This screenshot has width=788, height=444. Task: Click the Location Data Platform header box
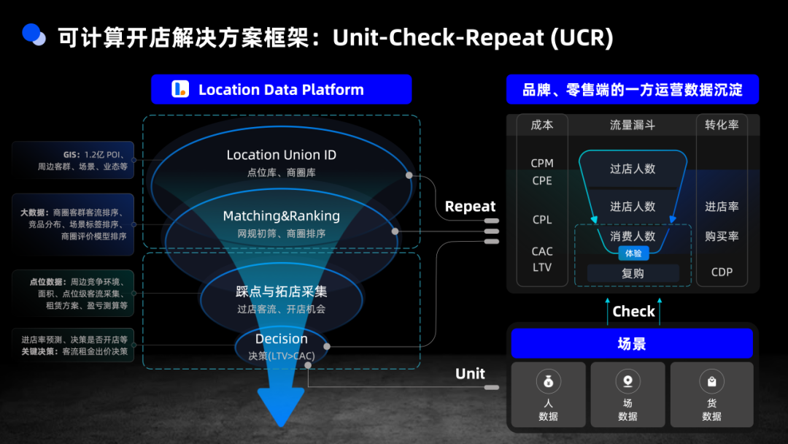click(281, 90)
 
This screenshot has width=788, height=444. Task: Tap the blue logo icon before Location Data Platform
click(180, 90)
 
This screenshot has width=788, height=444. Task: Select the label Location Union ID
click(281, 155)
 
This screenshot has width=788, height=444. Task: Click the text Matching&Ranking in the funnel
click(281, 216)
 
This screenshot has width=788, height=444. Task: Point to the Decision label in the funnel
click(281, 339)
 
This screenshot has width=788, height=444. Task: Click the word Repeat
click(470, 207)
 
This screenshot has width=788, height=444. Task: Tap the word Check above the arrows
click(633, 311)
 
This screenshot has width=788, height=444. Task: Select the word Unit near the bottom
click(470, 374)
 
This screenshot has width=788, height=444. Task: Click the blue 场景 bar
click(631, 343)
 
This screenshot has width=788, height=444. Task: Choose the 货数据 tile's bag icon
click(711, 381)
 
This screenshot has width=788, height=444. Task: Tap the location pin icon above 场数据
click(627, 381)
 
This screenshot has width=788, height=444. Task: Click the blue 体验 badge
click(633, 253)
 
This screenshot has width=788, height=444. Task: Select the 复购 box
click(633, 273)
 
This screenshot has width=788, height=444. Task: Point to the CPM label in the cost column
click(542, 164)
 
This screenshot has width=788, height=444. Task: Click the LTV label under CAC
click(542, 267)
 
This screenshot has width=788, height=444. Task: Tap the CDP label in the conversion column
click(722, 272)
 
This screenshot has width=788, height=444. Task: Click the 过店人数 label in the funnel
click(633, 169)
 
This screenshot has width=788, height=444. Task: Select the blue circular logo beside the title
click(34, 34)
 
